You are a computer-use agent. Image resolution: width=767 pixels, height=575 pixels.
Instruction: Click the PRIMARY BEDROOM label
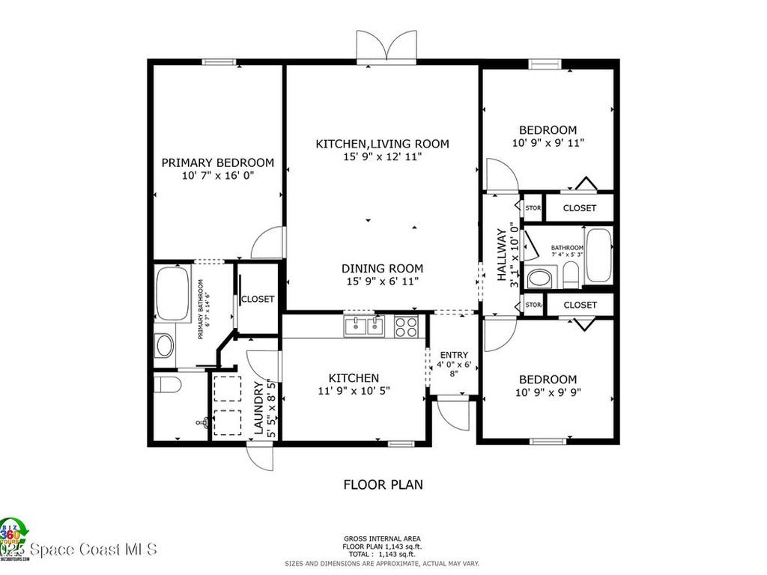click(218, 162)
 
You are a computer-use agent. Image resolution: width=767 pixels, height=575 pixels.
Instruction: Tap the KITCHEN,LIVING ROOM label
click(382, 144)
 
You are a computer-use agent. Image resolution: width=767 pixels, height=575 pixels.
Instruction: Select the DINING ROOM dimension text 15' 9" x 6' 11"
click(382, 281)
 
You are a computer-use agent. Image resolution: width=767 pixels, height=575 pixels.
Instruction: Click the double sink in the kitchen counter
click(363, 326)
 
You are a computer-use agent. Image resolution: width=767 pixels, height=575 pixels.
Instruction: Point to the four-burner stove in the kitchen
click(407, 326)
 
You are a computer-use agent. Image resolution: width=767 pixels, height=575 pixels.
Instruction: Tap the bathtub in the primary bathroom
click(173, 293)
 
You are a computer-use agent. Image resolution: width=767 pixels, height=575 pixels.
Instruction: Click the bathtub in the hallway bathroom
click(598, 255)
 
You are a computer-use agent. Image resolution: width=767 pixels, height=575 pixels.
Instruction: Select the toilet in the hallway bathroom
click(571, 275)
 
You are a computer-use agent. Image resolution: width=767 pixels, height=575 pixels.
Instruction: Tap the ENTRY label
click(454, 355)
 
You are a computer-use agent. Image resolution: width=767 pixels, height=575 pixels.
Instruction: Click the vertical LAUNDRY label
click(258, 409)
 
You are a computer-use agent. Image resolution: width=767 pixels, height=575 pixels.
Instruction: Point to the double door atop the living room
click(386, 48)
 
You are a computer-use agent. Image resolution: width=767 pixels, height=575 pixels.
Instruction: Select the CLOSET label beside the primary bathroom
click(258, 299)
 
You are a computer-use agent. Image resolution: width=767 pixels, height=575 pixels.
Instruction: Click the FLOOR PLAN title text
click(383, 484)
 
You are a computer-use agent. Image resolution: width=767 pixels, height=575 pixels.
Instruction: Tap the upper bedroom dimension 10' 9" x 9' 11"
click(548, 142)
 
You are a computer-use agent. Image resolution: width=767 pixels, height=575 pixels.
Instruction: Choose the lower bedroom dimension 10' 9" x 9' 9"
click(548, 392)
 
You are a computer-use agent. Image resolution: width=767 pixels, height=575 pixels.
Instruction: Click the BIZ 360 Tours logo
click(13, 538)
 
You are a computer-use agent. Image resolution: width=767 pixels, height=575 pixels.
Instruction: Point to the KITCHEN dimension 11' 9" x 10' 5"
click(354, 390)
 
